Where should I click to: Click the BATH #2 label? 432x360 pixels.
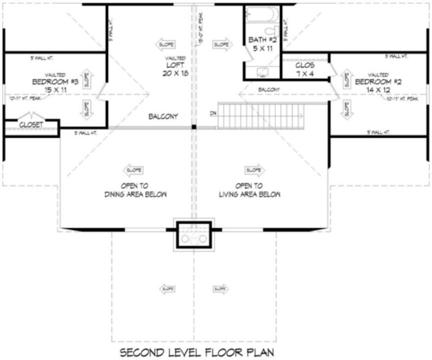pyautogui.click(x=261, y=43)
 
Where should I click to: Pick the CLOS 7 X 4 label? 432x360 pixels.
pyautogui.click(x=304, y=69)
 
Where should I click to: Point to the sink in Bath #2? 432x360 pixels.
pyautogui.click(x=261, y=71)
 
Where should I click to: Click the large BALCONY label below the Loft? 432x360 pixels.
pyautogui.click(x=164, y=117)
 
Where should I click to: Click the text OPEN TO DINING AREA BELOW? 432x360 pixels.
pyautogui.click(x=135, y=190)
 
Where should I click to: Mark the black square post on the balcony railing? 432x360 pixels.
pyautogui.click(x=194, y=127)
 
